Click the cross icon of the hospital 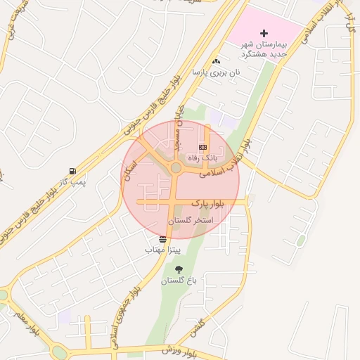click(264, 33)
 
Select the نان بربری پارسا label click(217, 72)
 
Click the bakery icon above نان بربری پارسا click(216, 61)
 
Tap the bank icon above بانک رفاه click(203, 147)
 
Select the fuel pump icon click(72, 171)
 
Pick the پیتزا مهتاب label click(163, 250)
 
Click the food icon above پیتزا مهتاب click(163, 240)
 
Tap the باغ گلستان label click(179, 281)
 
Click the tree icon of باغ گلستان click(178, 269)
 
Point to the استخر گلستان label click(190, 221)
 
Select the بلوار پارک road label click(207, 202)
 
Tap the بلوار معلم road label click(22, 324)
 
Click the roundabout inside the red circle click(175, 168)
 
